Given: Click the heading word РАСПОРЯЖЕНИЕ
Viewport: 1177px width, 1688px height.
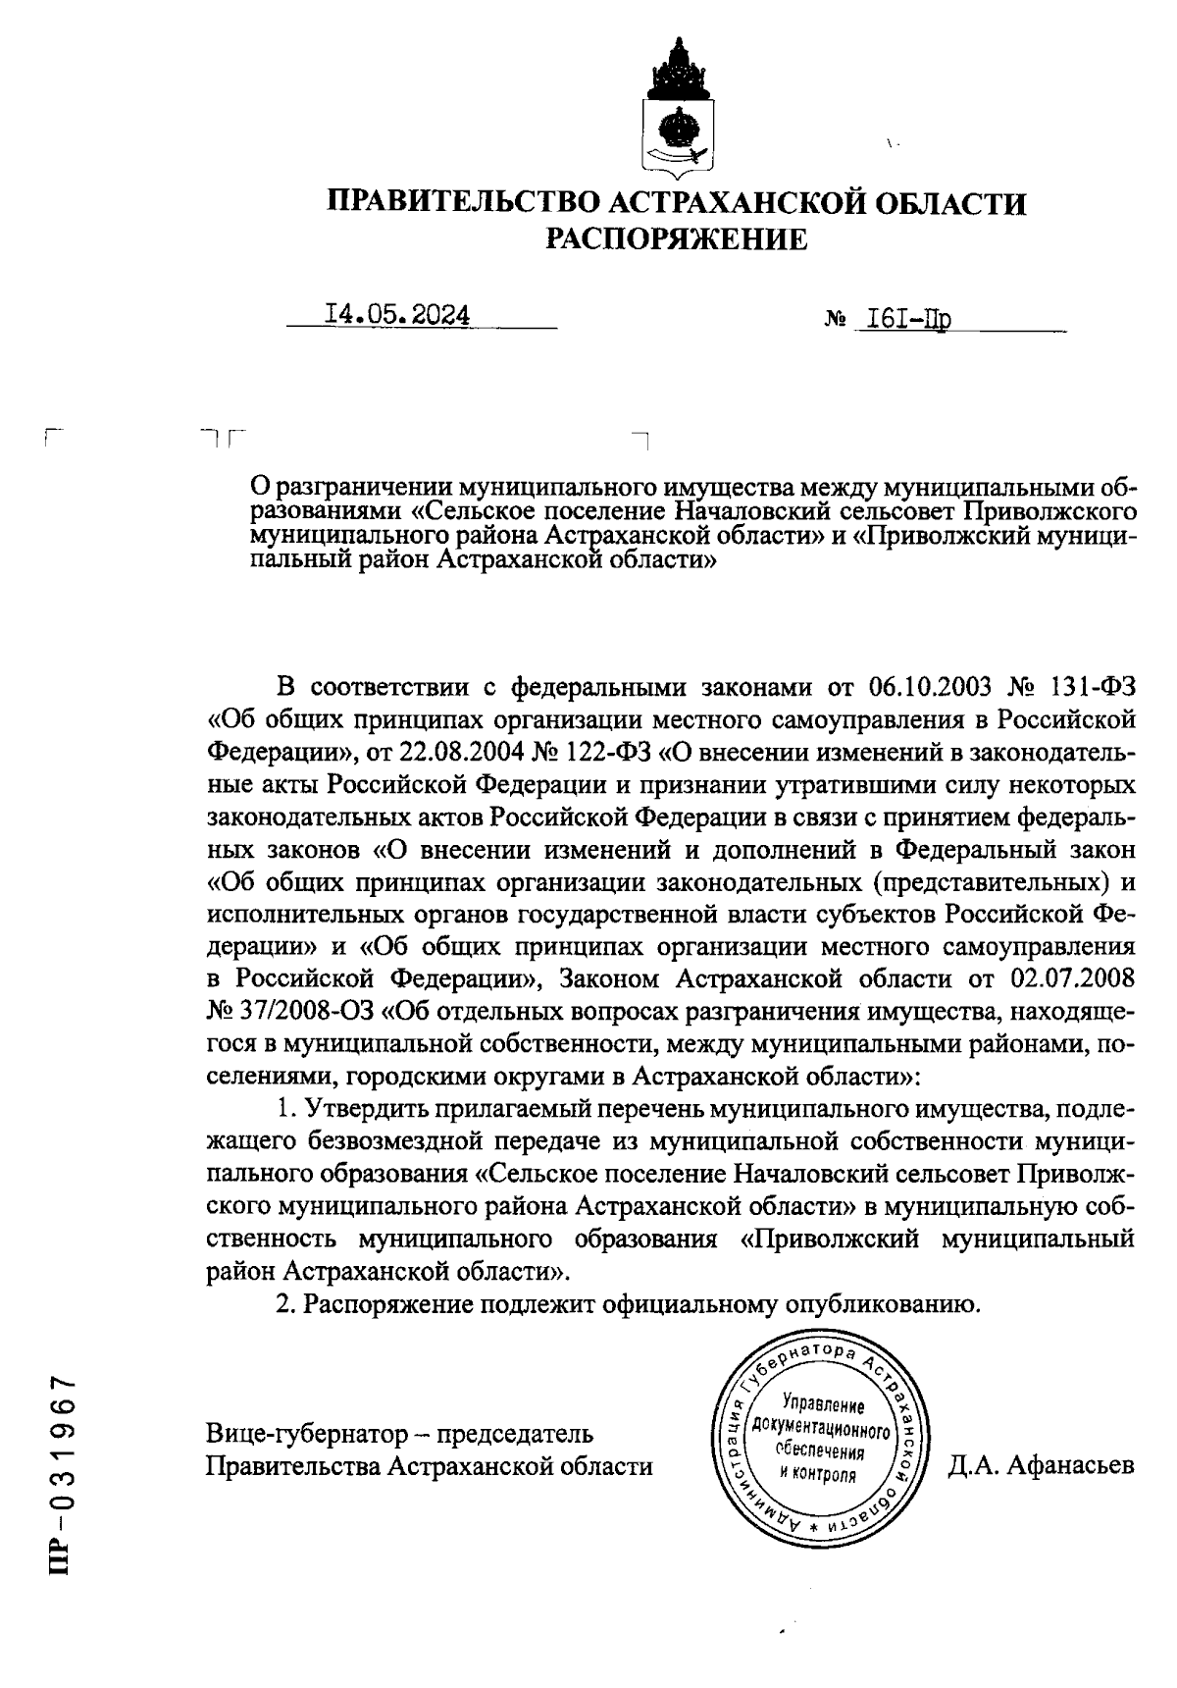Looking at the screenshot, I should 677,238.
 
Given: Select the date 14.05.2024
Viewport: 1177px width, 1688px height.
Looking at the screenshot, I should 397,315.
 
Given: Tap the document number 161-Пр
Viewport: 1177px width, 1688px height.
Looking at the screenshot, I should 903,318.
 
